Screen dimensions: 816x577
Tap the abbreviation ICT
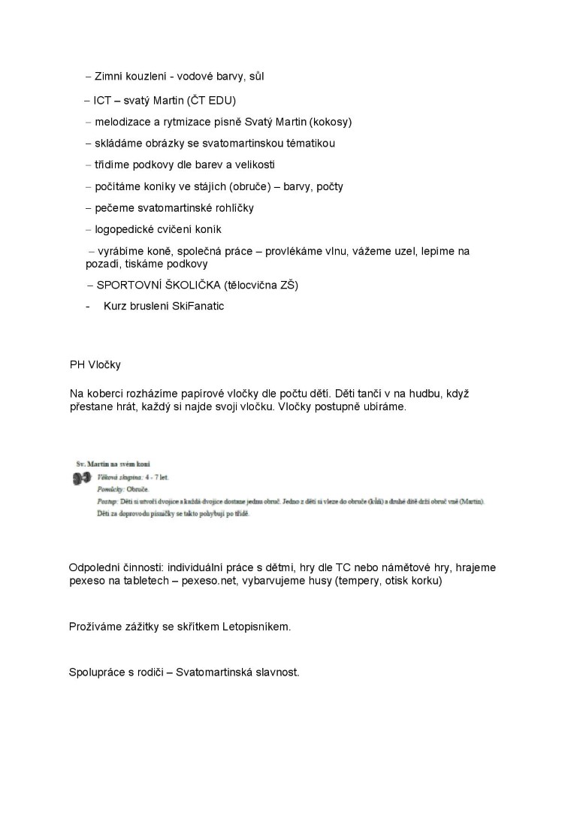pyautogui.click(x=102, y=100)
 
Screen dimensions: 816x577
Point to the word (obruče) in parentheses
pyautogui.click(x=240, y=186)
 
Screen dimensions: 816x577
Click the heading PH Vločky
pyautogui.click(x=95, y=365)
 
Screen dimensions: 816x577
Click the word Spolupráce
pyautogui.click(x=98, y=672)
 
